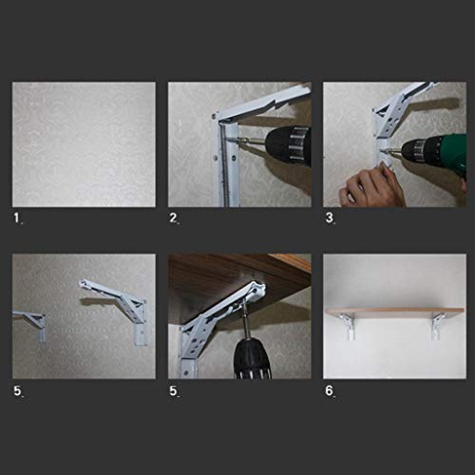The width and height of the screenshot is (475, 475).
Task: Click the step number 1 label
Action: (x=17, y=218)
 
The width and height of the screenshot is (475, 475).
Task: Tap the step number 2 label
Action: (x=173, y=218)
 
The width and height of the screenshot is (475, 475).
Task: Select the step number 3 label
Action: (x=330, y=218)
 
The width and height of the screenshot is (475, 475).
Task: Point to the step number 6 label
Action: (x=330, y=390)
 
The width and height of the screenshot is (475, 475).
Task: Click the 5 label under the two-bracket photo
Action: (x=17, y=390)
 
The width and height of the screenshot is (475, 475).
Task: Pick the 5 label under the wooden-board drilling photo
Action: (x=173, y=390)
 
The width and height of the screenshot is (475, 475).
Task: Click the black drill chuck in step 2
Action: (x=288, y=145)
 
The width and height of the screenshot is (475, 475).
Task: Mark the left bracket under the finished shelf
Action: (x=349, y=326)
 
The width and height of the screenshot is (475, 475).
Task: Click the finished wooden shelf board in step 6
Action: (x=395, y=312)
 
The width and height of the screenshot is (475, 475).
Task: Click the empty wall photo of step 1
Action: (x=84, y=144)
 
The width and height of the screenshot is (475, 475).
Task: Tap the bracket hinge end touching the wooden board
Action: (x=258, y=290)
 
